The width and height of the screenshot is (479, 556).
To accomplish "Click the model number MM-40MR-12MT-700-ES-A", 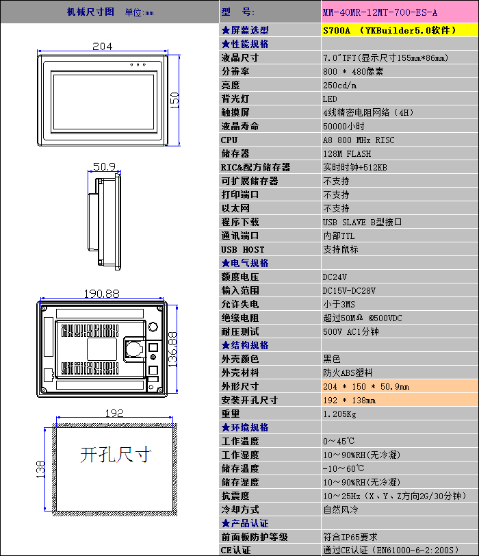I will (x=379, y=12).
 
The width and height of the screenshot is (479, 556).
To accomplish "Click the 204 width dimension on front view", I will (x=102, y=47).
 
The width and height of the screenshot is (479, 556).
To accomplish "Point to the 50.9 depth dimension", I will (x=104, y=166).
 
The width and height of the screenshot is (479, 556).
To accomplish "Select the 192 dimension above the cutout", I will (x=114, y=413).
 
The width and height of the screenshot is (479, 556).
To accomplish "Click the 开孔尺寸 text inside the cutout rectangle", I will (x=116, y=453).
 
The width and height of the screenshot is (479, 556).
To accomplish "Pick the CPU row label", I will (x=229, y=140).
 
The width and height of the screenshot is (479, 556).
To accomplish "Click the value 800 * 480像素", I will (x=353, y=71).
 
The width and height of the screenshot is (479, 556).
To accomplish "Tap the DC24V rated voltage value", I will (x=335, y=277).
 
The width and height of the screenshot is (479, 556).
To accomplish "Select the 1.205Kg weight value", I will (x=339, y=414).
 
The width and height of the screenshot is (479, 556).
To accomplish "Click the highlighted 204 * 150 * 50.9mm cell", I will (x=366, y=386).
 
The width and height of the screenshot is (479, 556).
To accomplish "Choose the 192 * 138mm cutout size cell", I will (x=350, y=400).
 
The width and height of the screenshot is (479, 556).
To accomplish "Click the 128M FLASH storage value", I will (x=347, y=153).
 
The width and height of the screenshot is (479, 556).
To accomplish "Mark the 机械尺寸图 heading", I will (x=90, y=12).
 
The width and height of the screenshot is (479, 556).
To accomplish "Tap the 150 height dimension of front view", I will (x=174, y=100).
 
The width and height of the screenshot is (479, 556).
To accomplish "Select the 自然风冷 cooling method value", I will (x=341, y=509).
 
